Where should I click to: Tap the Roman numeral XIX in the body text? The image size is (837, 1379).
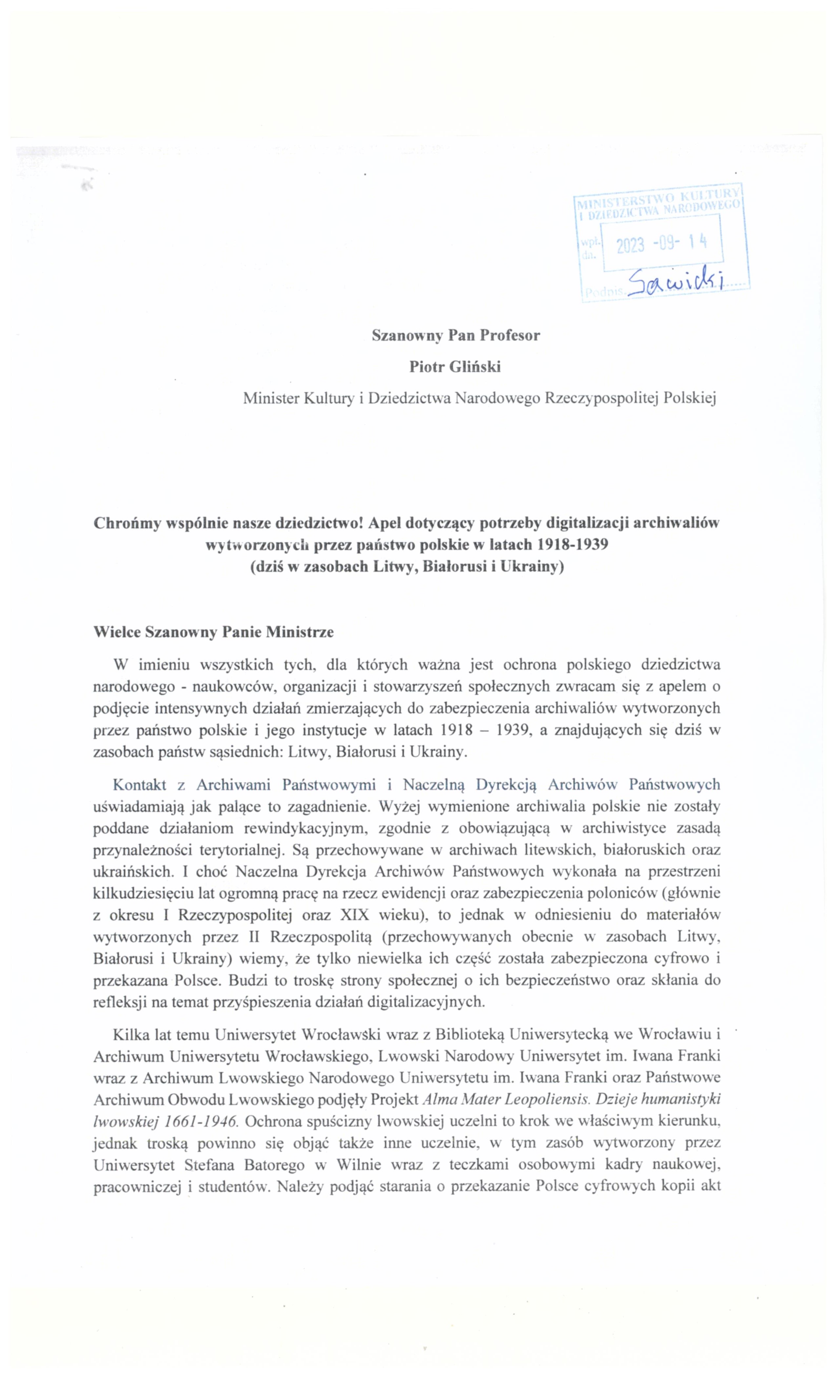pyautogui.click(x=354, y=914)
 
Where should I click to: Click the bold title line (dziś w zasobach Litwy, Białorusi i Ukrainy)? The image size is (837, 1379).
pyautogui.click(x=407, y=566)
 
